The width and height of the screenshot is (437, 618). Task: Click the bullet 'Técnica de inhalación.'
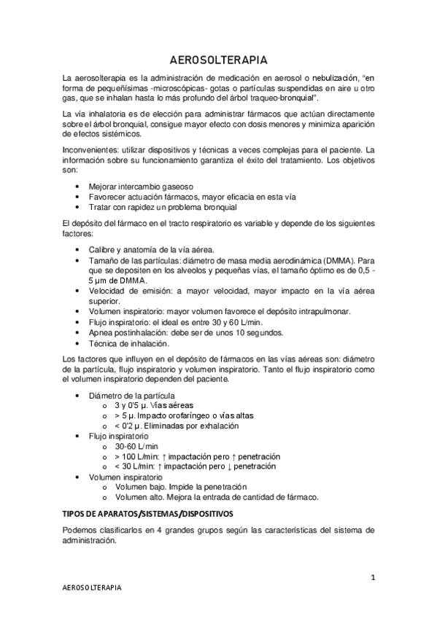coord(128,343)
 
